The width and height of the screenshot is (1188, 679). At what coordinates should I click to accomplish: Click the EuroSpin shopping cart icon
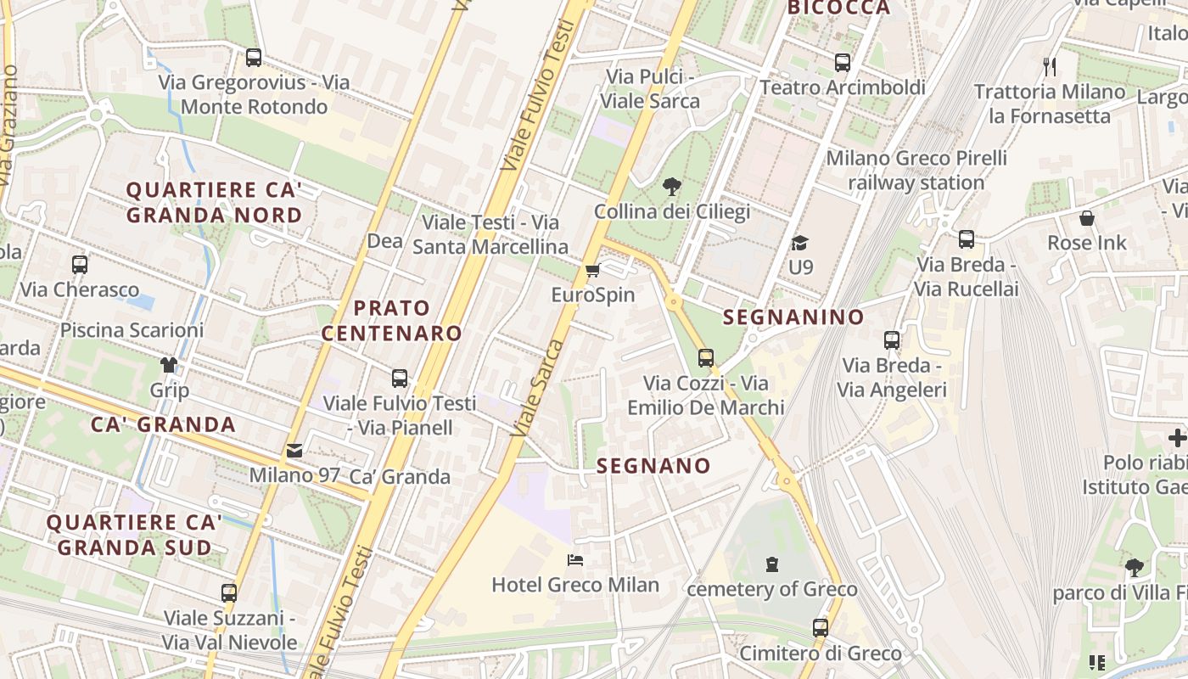[x=592, y=271]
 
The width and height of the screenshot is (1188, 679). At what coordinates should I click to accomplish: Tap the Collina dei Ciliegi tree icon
[x=672, y=187]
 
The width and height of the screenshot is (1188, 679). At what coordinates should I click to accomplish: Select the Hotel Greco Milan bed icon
[x=574, y=560]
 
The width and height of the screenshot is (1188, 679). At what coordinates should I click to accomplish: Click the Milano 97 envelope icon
[x=294, y=451]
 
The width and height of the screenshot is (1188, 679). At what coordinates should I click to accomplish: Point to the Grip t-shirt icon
[x=169, y=366]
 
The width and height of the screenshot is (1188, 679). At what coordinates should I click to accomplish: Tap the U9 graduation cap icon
[x=800, y=244]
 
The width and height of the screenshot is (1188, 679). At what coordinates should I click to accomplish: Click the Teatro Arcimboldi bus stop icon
[x=842, y=62]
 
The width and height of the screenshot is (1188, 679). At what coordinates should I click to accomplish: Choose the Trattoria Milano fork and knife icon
[x=1050, y=66]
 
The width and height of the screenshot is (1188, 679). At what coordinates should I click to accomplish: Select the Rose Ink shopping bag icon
[x=1087, y=218]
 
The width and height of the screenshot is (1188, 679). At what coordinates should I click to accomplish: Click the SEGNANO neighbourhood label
[x=653, y=465]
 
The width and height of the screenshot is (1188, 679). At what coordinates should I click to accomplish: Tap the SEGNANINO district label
[x=793, y=317]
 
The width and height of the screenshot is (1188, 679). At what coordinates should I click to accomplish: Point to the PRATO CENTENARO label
[x=391, y=320]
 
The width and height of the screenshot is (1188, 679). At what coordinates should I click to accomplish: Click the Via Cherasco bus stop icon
[x=80, y=265]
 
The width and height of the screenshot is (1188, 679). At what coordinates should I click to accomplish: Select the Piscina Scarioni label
[x=132, y=330]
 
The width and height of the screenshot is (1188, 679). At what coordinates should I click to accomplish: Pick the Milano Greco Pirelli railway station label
[x=916, y=170]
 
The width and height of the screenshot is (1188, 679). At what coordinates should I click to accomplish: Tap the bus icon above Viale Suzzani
[x=229, y=592]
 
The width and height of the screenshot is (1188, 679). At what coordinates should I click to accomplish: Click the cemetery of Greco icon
[x=772, y=564]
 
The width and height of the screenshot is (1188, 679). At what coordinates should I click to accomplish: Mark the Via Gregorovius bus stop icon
[x=254, y=58]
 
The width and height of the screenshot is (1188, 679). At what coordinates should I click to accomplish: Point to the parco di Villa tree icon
[x=1134, y=567]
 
